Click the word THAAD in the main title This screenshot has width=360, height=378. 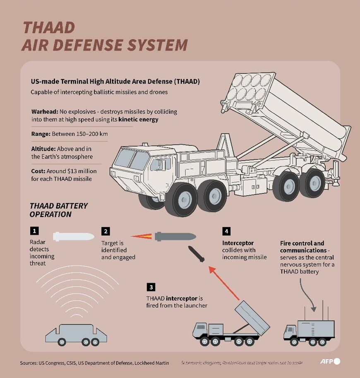[x=48, y=27]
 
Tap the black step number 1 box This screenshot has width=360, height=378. [x=35, y=231]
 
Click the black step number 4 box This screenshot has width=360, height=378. [x=226, y=231]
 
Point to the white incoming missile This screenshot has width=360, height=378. [x=74, y=236]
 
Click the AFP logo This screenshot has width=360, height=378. [x=330, y=361]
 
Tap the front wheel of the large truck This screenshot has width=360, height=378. [x=182, y=199]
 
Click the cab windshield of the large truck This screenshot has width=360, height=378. [x=132, y=160]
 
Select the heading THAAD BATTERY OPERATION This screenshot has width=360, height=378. [x=58, y=210]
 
